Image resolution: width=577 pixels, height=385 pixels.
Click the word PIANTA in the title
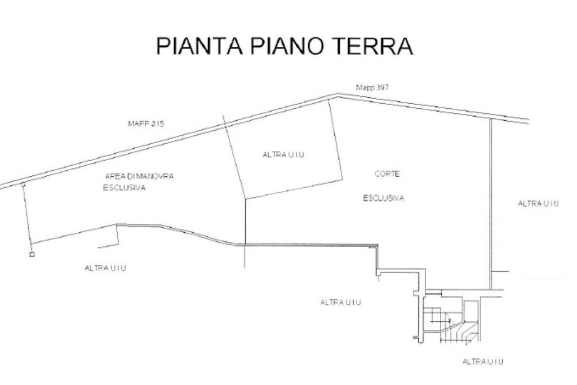tap(199, 46)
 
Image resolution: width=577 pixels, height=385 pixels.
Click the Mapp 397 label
tap(372, 87)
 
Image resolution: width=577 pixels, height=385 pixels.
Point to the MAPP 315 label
tap(146, 123)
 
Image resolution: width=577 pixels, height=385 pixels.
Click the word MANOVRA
tap(156, 176)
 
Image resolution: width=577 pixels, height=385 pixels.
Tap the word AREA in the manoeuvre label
tap(113, 176)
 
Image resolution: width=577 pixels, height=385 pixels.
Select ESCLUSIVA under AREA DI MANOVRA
tap(125, 188)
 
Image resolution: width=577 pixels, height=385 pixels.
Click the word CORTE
tap(387, 174)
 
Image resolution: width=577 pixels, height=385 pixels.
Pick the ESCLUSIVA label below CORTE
tap(383, 198)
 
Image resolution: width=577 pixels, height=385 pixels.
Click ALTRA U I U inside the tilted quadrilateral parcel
tap(283, 155)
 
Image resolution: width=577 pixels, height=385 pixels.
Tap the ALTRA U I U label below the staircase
tap(482, 362)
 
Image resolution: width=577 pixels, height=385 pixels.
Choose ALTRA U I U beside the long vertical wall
tap(538, 203)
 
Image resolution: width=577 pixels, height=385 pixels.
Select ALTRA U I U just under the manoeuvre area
tap(105, 268)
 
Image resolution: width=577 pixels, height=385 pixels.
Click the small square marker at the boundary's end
tap(32, 254)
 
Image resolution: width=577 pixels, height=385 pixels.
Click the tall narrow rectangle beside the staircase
tap(468, 311)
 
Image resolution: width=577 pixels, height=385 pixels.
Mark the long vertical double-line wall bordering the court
tap(491, 203)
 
